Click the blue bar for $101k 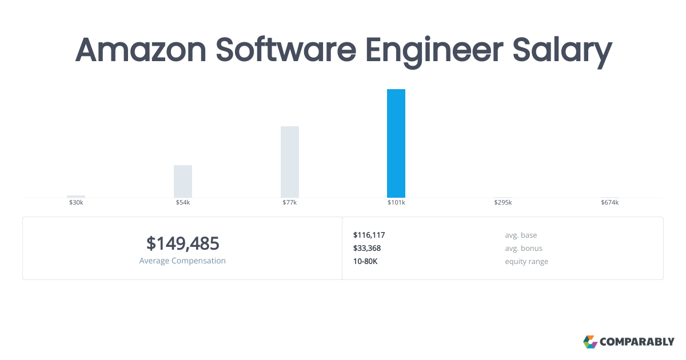tap(396, 143)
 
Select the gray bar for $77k tap(290, 162)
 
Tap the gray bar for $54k tap(183, 182)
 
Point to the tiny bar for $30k tap(76, 197)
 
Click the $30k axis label tap(76, 202)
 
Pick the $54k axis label tap(183, 202)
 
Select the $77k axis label tap(290, 202)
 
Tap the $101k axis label tap(396, 202)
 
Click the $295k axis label tap(503, 202)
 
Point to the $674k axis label tap(610, 202)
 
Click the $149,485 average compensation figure tap(183, 243)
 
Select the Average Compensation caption tap(182, 261)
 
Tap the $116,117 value tap(369, 235)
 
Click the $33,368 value tap(367, 248)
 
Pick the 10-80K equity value tap(365, 262)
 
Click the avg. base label tap(521, 235)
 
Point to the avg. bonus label tap(524, 248)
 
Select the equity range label tap(527, 262)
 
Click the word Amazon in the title tap(141, 50)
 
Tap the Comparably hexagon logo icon tap(590, 342)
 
